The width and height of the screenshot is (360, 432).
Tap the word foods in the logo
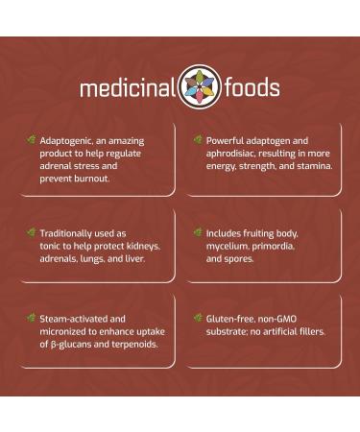point(248,88)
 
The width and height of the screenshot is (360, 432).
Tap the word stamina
point(310,166)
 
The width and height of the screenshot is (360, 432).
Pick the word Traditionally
point(70,232)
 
